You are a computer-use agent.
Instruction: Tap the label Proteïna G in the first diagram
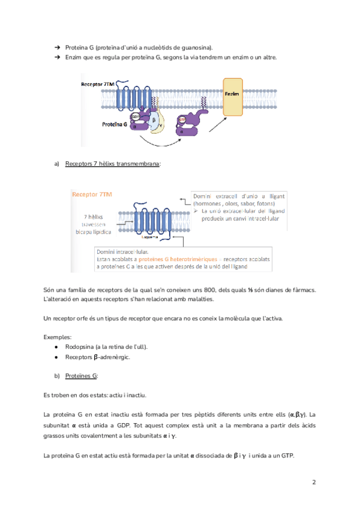(113, 124)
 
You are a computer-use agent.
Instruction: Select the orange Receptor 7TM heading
(91, 194)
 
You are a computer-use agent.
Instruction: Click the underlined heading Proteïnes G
(82, 375)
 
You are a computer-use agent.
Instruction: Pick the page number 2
(314, 482)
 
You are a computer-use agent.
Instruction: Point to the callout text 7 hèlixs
(95, 217)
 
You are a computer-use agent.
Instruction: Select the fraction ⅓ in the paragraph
(252, 291)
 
